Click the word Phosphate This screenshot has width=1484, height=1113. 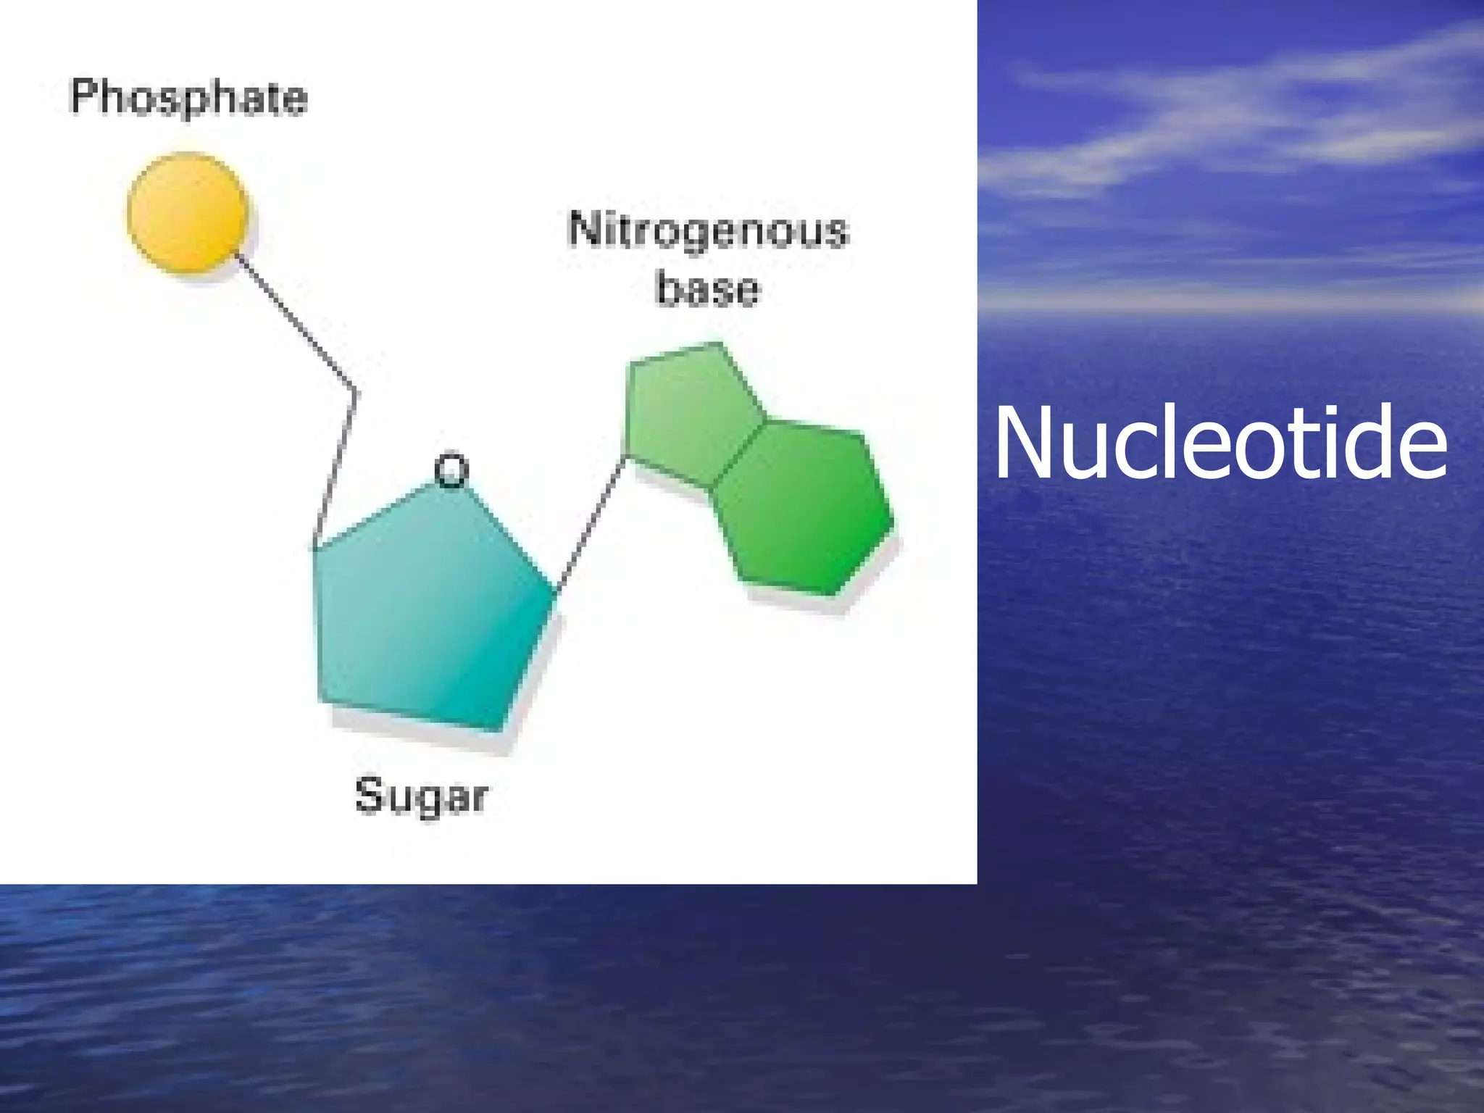pyautogui.click(x=188, y=99)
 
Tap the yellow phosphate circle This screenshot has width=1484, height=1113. pyautogui.click(x=188, y=213)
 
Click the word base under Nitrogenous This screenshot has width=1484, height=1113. pyautogui.click(x=707, y=289)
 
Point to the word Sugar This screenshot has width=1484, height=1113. pyautogui.click(x=421, y=796)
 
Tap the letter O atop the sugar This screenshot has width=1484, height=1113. pyautogui.click(x=451, y=471)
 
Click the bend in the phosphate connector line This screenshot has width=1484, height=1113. pyautogui.click(x=355, y=392)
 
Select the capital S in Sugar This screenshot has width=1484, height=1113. pyautogui.click(x=369, y=794)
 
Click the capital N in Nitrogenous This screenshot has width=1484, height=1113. pyautogui.click(x=584, y=230)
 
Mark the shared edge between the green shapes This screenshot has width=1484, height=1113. pyautogui.click(x=739, y=454)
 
